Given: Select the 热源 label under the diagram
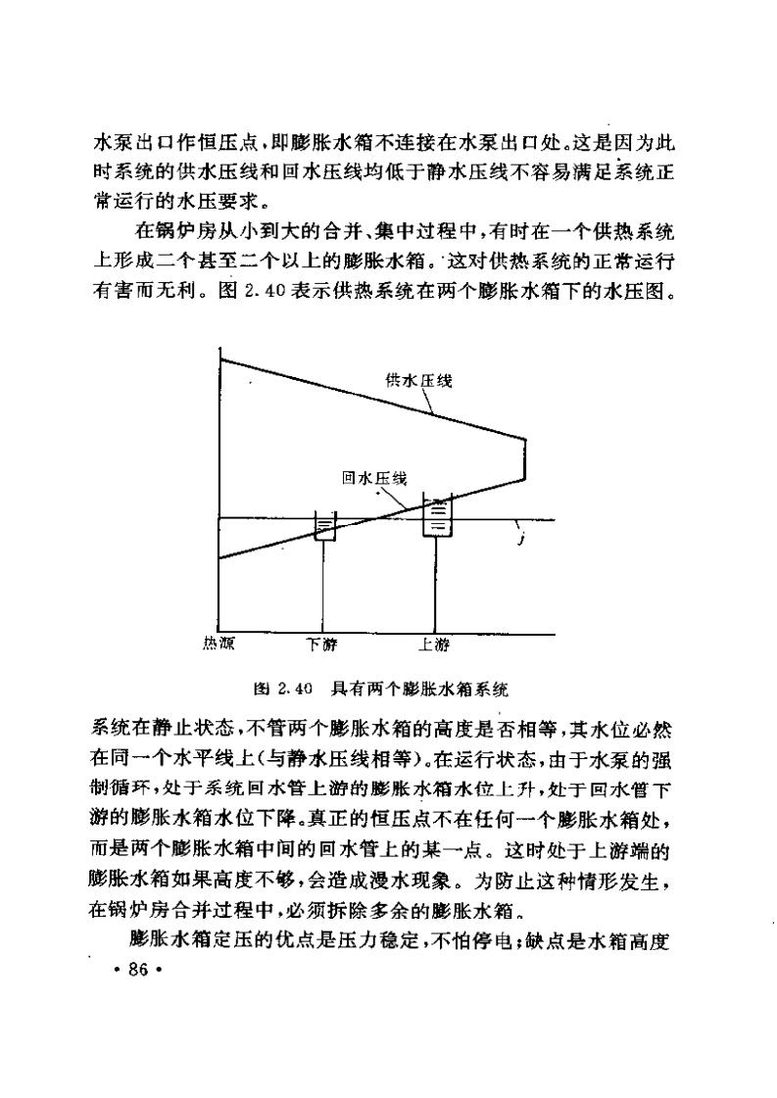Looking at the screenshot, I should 218,643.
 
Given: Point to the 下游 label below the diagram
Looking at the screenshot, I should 321,644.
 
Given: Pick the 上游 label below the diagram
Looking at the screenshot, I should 434,644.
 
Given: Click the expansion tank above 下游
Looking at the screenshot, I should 324,528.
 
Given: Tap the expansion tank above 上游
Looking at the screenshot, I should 436,516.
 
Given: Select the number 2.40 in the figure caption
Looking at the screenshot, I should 295,689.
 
